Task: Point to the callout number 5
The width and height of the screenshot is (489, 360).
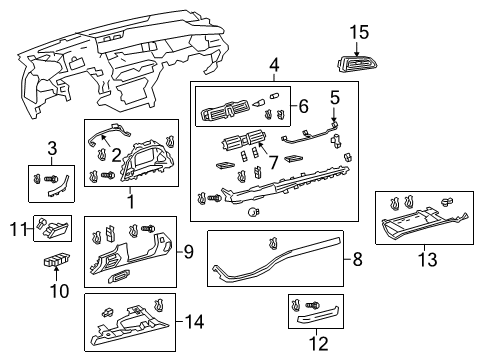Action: click(x=336, y=99)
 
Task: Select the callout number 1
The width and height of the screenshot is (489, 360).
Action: click(x=129, y=201)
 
